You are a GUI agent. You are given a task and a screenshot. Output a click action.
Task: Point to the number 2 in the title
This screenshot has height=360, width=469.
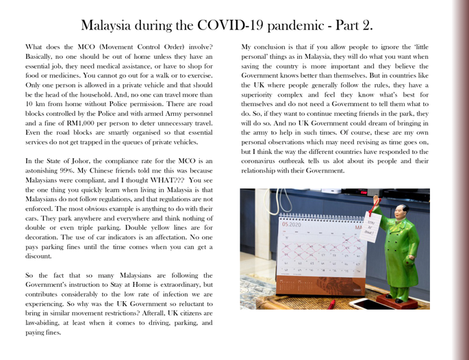click(367, 26)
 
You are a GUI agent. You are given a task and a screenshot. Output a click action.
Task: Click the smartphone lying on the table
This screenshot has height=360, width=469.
click(366, 303)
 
